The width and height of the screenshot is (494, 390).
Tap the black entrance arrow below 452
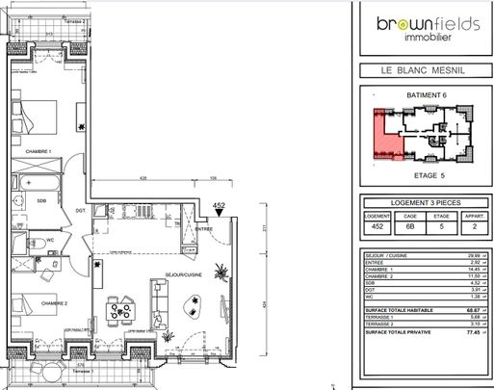coord(219,216)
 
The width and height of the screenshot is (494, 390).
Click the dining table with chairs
coord(121,310)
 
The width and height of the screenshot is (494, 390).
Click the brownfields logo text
coord(417,26)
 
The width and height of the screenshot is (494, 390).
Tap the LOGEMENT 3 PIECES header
coord(417,203)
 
